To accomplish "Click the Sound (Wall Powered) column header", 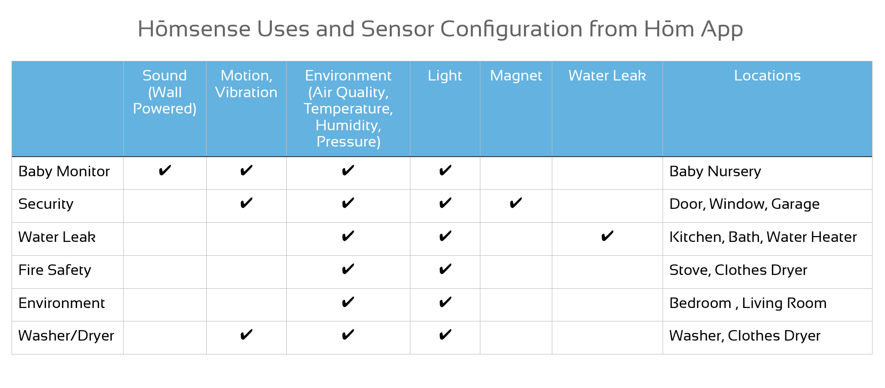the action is point(164,92).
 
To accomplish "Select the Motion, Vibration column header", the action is point(246,84).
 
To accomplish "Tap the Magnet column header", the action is point(516,76).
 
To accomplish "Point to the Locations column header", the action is point(767,76).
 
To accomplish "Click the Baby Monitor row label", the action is point(64,171).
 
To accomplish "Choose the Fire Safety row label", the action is point(55,270).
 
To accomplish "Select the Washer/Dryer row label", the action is point(66,336).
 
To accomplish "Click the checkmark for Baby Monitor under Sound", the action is point(164,171).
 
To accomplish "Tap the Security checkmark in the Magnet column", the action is point(516,203).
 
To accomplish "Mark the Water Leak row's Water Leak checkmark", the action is point(607,236).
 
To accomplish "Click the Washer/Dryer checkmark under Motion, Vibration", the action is point(246,335).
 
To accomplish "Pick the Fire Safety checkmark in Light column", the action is point(445,269).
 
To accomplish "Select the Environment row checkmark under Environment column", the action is point(348,302).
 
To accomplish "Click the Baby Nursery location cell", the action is point(715,171).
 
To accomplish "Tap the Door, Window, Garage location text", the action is point(745,204).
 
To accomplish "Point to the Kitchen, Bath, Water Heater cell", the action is point(763,237).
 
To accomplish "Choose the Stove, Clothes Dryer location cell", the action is point(738,270).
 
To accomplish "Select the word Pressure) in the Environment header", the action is point(349,142).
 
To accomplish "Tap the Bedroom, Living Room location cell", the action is point(748,303).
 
